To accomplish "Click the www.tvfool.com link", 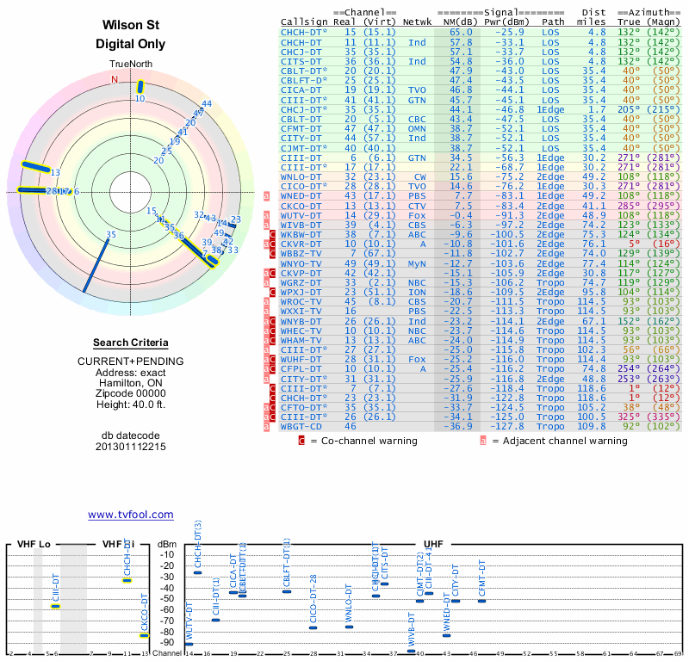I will [x=131, y=515].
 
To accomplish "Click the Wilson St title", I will [x=131, y=25].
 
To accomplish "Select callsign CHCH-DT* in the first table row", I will [x=304, y=32].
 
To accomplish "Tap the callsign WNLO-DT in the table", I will [x=301, y=176].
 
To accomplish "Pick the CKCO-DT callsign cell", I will [x=301, y=206].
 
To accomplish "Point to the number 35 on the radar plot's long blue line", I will [x=110, y=234].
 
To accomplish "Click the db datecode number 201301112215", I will [x=131, y=447].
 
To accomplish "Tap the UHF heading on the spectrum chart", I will [x=434, y=544].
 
